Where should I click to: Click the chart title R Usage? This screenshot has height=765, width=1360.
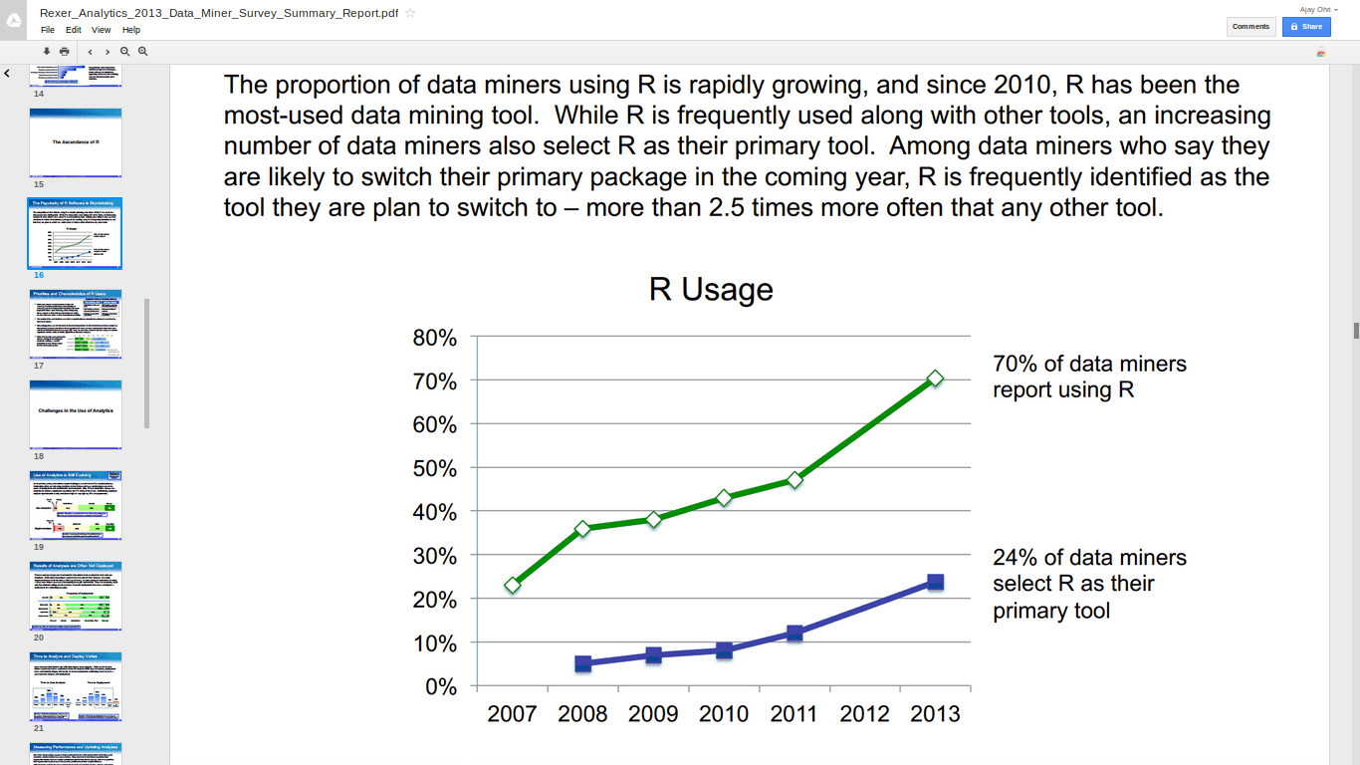tap(711, 290)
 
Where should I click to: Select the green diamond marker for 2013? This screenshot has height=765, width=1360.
tap(935, 379)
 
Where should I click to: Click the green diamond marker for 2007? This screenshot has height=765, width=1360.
tap(513, 585)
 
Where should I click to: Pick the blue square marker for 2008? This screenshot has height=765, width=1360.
tap(583, 663)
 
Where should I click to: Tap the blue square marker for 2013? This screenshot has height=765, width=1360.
tap(935, 582)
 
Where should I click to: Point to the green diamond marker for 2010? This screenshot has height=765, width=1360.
tap(724, 498)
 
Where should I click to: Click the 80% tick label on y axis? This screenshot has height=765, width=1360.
tap(434, 338)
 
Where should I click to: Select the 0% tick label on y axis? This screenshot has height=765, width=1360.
tap(440, 686)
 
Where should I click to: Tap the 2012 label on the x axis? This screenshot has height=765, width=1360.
tap(865, 714)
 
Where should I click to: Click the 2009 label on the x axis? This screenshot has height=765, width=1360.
tap(653, 714)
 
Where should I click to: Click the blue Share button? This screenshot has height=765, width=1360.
tap(1306, 27)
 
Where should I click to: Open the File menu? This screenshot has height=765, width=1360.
tap(48, 30)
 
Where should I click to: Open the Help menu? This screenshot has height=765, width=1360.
tap(131, 30)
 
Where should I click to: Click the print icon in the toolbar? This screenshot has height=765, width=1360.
tap(65, 51)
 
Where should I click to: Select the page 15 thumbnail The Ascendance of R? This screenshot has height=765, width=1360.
tap(76, 142)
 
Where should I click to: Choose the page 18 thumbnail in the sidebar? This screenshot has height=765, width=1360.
tap(76, 413)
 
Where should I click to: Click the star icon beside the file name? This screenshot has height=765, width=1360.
tap(410, 13)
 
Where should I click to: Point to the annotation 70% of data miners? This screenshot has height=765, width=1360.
tap(1089, 365)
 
